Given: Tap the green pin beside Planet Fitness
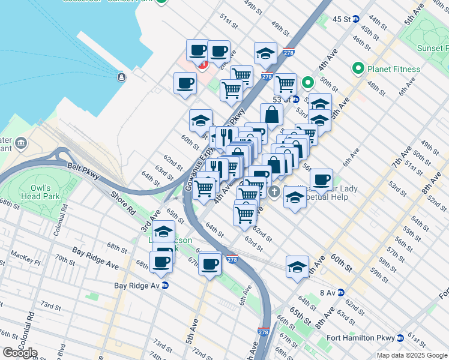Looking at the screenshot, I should [x=359, y=69].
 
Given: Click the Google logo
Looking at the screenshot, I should [x=20, y=353].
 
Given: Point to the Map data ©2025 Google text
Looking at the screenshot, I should [x=412, y=355].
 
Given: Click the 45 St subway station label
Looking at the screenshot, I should [x=342, y=19].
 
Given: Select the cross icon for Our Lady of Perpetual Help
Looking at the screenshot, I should [x=274, y=193].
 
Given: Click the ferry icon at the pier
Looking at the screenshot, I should [x=121, y=77].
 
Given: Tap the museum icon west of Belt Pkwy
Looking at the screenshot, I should [x=22, y=143].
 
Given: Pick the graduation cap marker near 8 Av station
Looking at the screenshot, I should [x=297, y=266].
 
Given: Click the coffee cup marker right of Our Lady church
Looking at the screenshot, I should [x=321, y=179].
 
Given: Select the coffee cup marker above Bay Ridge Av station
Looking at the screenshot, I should [x=161, y=262].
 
